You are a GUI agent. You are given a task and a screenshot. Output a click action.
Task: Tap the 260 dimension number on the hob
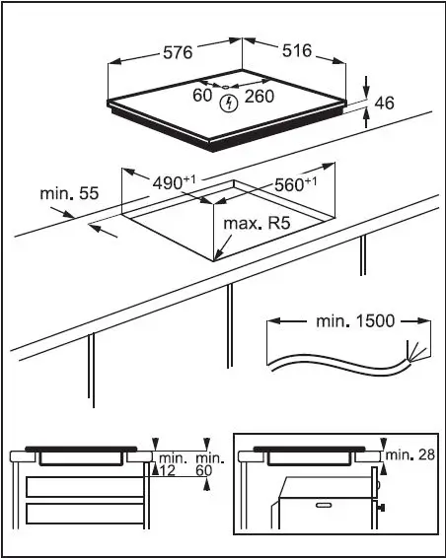click(259, 96)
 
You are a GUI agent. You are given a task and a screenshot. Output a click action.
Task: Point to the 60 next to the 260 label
click(202, 96)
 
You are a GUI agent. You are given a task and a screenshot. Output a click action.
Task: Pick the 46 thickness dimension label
click(384, 102)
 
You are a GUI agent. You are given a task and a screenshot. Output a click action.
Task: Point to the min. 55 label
click(69, 194)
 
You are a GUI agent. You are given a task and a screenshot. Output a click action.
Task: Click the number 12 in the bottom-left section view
click(169, 471)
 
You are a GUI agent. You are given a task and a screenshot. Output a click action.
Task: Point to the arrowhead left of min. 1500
click(274, 320)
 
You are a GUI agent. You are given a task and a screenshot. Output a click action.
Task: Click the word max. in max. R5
click(240, 225)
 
